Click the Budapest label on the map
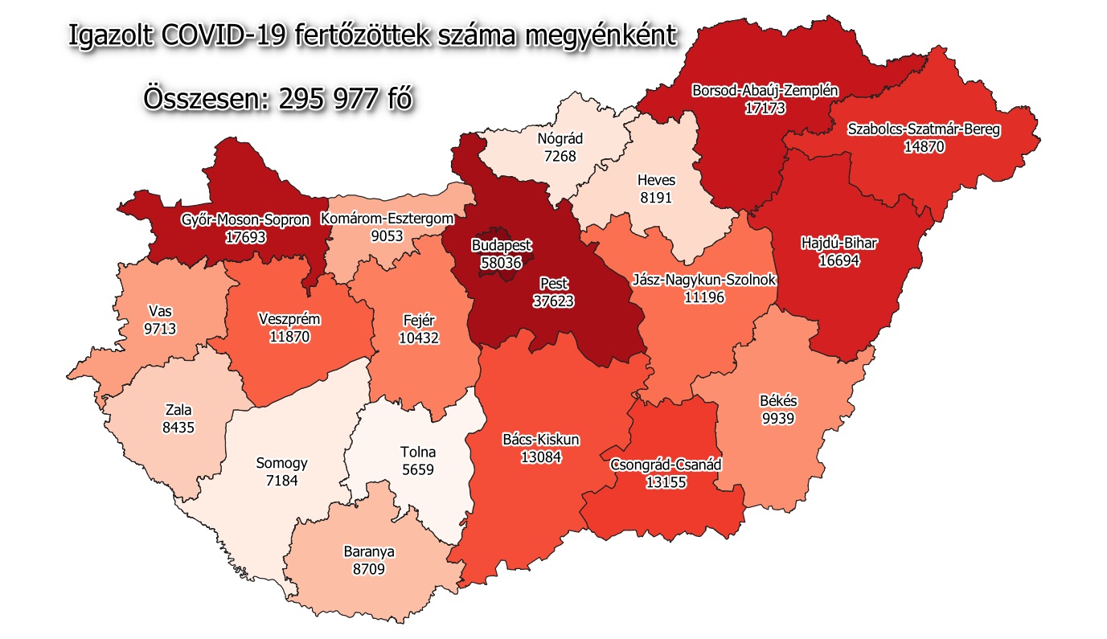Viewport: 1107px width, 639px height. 501,245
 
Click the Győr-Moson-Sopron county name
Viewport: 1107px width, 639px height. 234,220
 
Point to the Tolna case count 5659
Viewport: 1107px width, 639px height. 417,469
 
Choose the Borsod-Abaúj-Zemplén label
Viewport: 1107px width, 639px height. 765,91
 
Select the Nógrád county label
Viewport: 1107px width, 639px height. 560,139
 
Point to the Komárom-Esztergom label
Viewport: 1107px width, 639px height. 387,219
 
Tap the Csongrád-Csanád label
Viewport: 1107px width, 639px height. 666,465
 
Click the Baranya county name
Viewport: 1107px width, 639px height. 369,552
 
